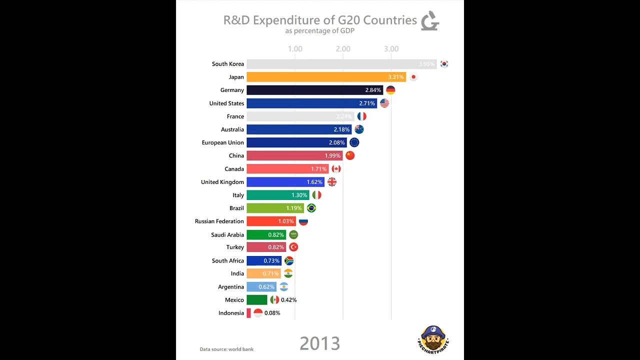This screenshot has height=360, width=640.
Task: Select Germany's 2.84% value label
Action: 373,90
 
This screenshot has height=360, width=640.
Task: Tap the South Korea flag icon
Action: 444,64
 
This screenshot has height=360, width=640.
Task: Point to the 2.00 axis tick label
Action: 343,49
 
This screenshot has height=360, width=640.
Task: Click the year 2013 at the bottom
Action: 320,343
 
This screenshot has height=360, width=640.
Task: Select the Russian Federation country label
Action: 219,221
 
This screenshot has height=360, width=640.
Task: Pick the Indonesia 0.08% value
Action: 272,313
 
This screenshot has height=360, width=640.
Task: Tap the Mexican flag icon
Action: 274,300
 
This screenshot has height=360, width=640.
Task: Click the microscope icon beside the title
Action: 429,21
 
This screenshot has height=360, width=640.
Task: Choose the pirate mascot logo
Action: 433,338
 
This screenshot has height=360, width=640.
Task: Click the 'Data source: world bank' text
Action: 226,349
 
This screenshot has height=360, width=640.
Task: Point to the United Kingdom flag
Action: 332,182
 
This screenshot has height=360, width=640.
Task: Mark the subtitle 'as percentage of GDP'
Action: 320,31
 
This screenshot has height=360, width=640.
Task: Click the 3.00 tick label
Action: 391,49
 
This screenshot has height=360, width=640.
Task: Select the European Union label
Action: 223,143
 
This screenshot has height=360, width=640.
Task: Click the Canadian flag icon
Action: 336,169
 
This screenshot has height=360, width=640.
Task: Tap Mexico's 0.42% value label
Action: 288,300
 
